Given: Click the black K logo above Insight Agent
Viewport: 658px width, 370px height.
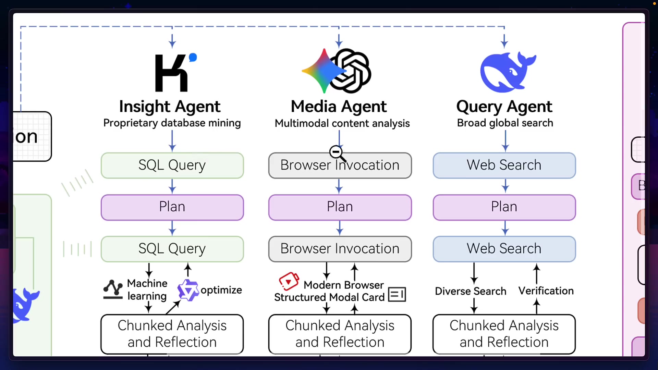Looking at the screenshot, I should (x=171, y=73).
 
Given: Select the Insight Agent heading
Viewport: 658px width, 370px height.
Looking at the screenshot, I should (x=170, y=107).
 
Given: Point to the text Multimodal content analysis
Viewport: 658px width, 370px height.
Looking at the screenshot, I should (x=342, y=123).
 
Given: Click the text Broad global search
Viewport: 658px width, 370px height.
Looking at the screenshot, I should (x=505, y=123).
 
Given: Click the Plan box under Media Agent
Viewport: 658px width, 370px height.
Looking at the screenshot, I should (x=340, y=207).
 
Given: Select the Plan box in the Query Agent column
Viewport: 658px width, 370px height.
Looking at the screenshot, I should (x=504, y=207).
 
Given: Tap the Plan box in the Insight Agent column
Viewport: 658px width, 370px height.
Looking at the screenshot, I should (x=172, y=207).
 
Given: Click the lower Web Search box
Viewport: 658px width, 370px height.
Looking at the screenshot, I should (x=504, y=249).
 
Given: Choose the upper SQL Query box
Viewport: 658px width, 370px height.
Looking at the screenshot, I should (x=172, y=165).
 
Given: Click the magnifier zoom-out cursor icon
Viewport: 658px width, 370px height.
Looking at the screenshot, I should (x=336, y=152).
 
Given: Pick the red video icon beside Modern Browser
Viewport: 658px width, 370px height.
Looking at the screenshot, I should (x=289, y=281).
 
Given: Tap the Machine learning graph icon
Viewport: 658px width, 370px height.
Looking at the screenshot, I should (x=113, y=289).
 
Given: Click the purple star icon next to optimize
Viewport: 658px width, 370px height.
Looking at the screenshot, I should (x=187, y=290).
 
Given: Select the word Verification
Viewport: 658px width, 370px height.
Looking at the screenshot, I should (x=546, y=291).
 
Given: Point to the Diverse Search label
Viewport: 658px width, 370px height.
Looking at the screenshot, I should (x=470, y=291).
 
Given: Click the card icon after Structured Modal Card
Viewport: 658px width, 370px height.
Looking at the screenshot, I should (x=397, y=294).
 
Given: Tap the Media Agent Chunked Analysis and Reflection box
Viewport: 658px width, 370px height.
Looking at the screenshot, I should (x=340, y=334).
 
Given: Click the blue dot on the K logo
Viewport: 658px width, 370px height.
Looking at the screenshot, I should (x=193, y=57).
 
